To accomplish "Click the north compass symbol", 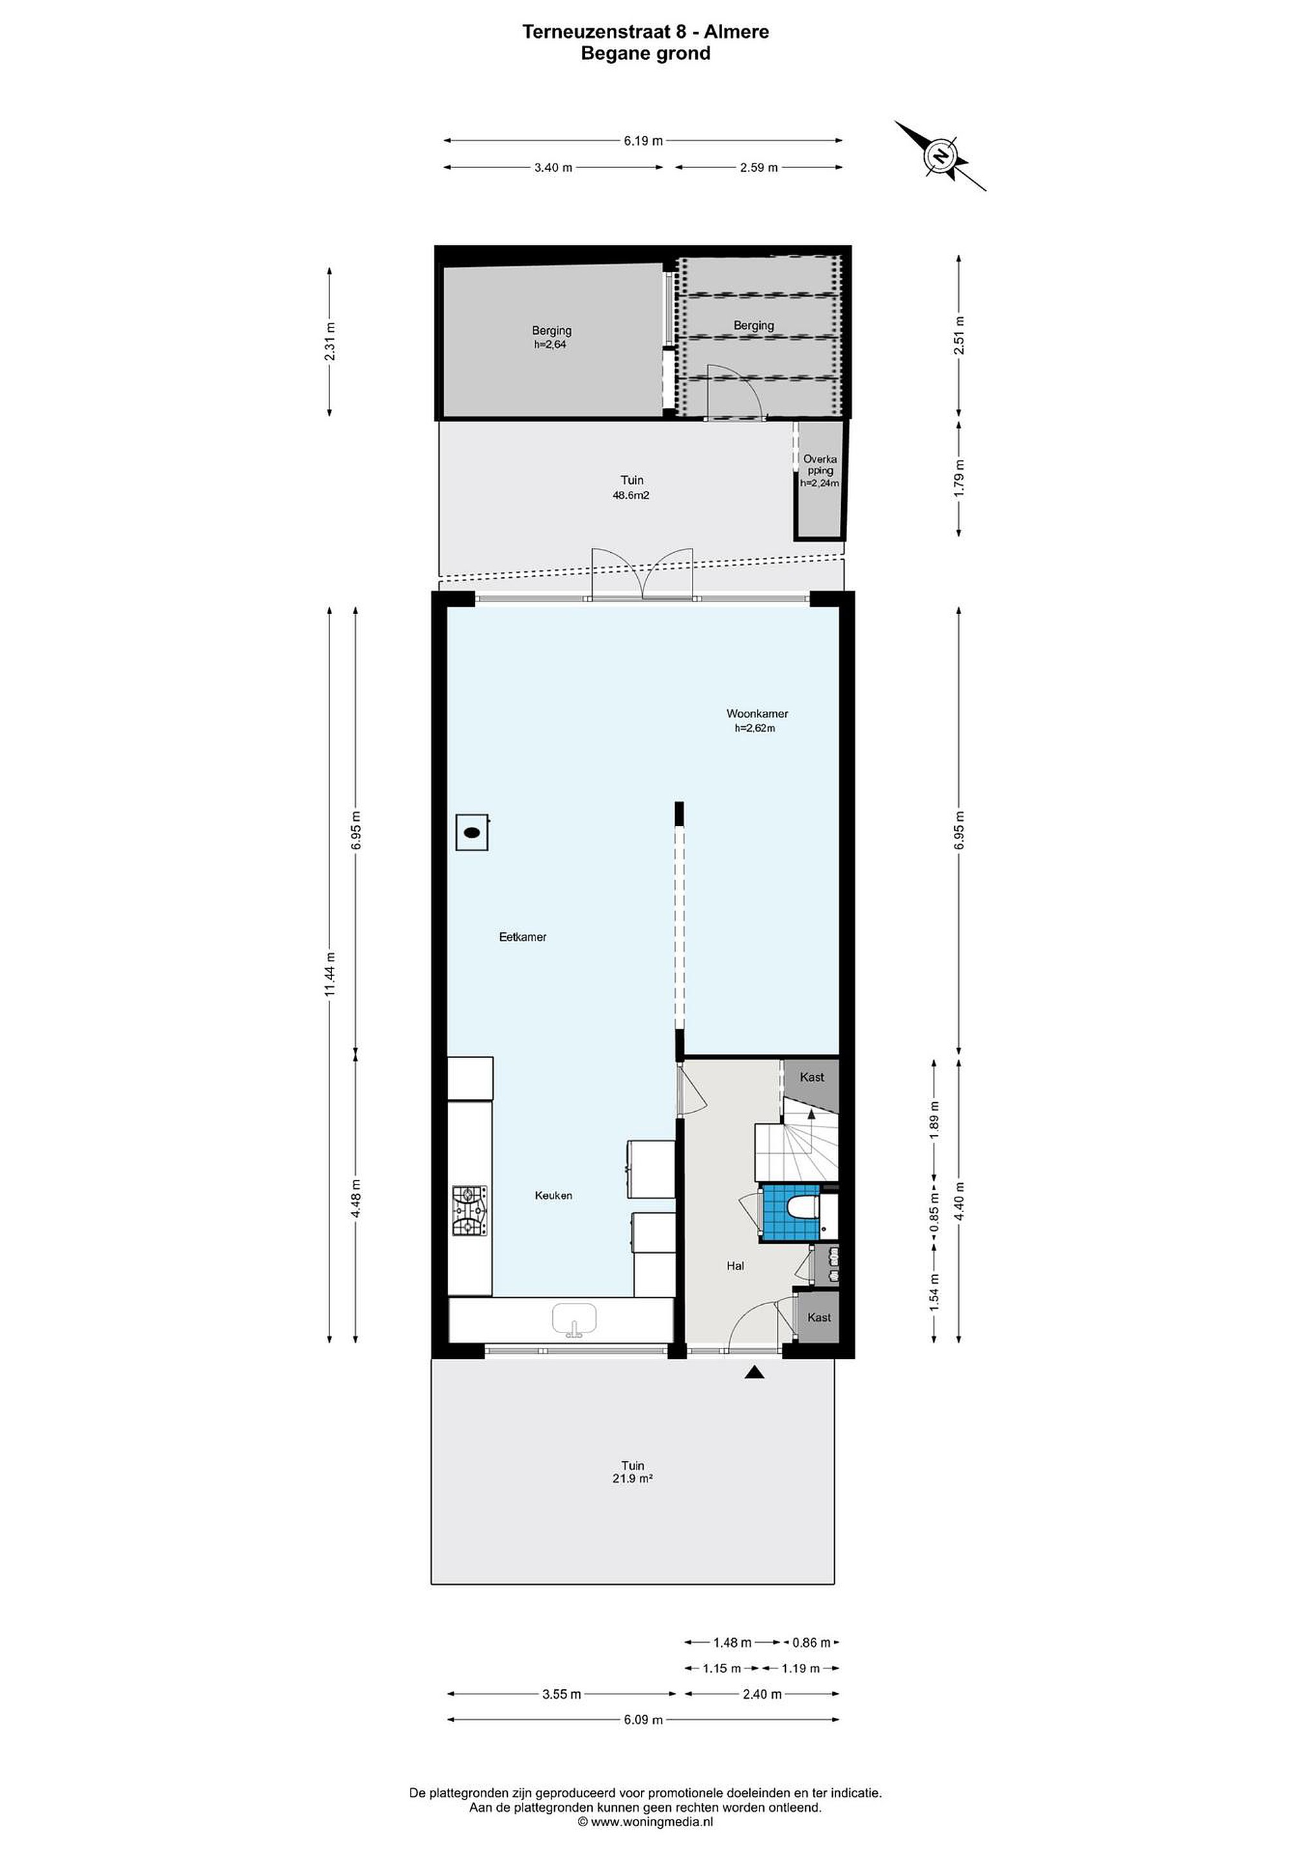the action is click(940, 156).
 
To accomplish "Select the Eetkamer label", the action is click(523, 937).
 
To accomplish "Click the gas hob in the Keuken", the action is click(470, 1212).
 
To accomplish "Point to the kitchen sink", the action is click(574, 1320).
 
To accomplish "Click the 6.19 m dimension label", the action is click(644, 140).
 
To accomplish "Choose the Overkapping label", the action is click(820, 465).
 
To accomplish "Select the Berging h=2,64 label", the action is click(552, 336).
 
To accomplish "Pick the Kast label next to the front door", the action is click(819, 1317).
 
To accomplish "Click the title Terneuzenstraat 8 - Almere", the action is click(646, 32).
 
